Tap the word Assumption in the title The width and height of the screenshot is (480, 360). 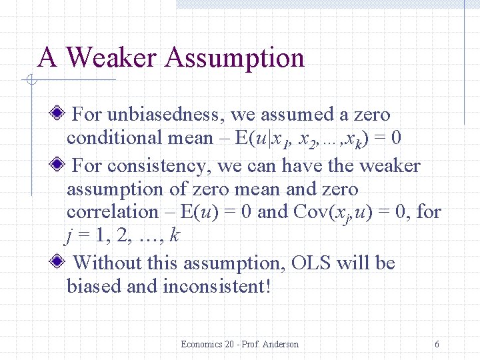pyautogui.click(x=234, y=58)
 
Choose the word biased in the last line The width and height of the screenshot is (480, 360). pyautogui.click(x=91, y=286)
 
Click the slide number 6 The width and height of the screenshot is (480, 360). pyautogui.click(x=437, y=344)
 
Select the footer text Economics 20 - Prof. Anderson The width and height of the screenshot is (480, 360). pyautogui.click(x=239, y=344)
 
